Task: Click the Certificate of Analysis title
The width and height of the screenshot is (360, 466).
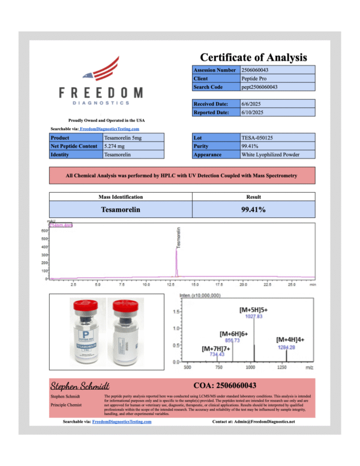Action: (x=253, y=58)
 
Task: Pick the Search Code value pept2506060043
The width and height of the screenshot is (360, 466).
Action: (x=259, y=87)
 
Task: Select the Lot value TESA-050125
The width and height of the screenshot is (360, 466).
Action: (x=254, y=138)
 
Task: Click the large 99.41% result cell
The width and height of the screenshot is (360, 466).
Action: (x=253, y=210)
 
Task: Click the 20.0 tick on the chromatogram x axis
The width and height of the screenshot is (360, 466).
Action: (x=244, y=284)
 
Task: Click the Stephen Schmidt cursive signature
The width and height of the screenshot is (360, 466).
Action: (x=80, y=385)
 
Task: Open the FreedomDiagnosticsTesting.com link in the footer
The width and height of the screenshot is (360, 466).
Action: (x=122, y=422)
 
